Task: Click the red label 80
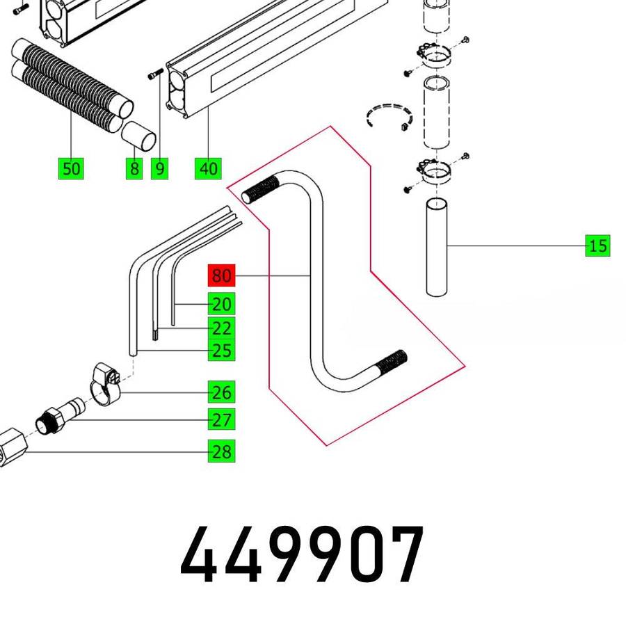coord(221,276)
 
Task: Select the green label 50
coord(71,168)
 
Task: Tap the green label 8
coord(134,168)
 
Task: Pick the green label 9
coord(160,168)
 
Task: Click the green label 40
coord(208,168)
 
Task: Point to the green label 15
coord(597,246)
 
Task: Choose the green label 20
coord(222,304)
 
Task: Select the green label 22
coord(222,328)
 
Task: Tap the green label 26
coord(222,392)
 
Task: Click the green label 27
coord(222,419)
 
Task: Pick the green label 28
coord(222,451)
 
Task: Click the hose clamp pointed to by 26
coord(106,385)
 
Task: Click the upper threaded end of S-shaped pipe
coord(260,189)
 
